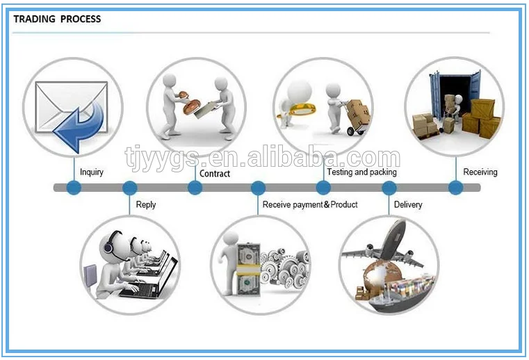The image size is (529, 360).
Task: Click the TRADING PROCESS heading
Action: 57,19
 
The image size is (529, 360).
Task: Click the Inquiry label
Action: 92,172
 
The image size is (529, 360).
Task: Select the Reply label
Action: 146,204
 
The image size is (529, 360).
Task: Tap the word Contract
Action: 215,173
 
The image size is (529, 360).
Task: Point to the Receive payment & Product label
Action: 310,204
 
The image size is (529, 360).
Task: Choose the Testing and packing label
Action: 361,172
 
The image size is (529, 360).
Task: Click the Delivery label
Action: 408,204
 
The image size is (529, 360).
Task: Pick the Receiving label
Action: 480,172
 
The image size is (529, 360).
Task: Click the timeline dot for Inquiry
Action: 74,188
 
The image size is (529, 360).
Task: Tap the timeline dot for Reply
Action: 130,188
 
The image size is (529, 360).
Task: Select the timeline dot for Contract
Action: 195,188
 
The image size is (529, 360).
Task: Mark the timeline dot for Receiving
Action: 455,188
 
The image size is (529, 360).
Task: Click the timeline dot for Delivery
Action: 389,188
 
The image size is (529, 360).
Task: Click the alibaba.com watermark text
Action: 262,158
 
